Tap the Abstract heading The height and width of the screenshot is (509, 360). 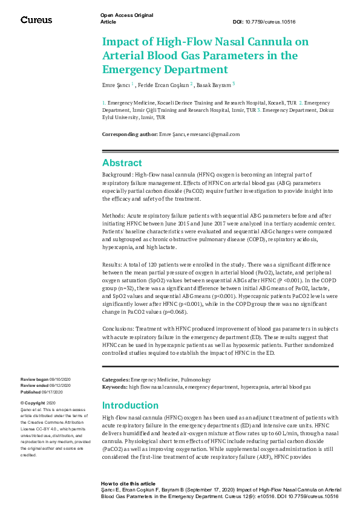(x=122, y=163)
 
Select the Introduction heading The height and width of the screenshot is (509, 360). (x=131, y=405)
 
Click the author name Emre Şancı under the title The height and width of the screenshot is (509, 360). (x=116, y=85)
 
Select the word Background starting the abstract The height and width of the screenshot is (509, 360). (x=115, y=174)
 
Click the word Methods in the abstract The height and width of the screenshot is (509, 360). (x=113, y=215)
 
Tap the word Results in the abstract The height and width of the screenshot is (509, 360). (x=112, y=265)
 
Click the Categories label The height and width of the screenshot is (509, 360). (x=116, y=380)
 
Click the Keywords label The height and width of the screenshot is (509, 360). (x=114, y=386)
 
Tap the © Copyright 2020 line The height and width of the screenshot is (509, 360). (x=38, y=403)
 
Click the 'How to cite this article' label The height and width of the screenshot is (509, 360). (x=128, y=484)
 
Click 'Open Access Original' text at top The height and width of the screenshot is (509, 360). (x=126, y=15)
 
